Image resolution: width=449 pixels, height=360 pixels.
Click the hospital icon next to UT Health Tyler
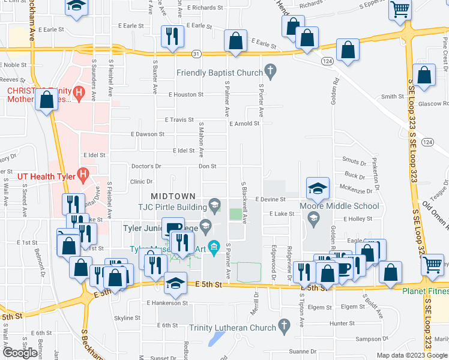click(83, 176)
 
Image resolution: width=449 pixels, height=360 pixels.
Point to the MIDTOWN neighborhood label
click(173, 196)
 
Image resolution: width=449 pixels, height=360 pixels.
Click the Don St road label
click(207, 166)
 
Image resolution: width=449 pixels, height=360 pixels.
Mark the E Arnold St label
click(244, 124)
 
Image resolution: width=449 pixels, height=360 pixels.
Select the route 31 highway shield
click(196, 53)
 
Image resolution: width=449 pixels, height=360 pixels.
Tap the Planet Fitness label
click(425, 292)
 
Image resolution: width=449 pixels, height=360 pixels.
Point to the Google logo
click(20, 352)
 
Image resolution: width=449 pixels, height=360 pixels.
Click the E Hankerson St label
click(167, 303)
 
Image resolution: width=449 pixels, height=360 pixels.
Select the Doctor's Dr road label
click(146, 166)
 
